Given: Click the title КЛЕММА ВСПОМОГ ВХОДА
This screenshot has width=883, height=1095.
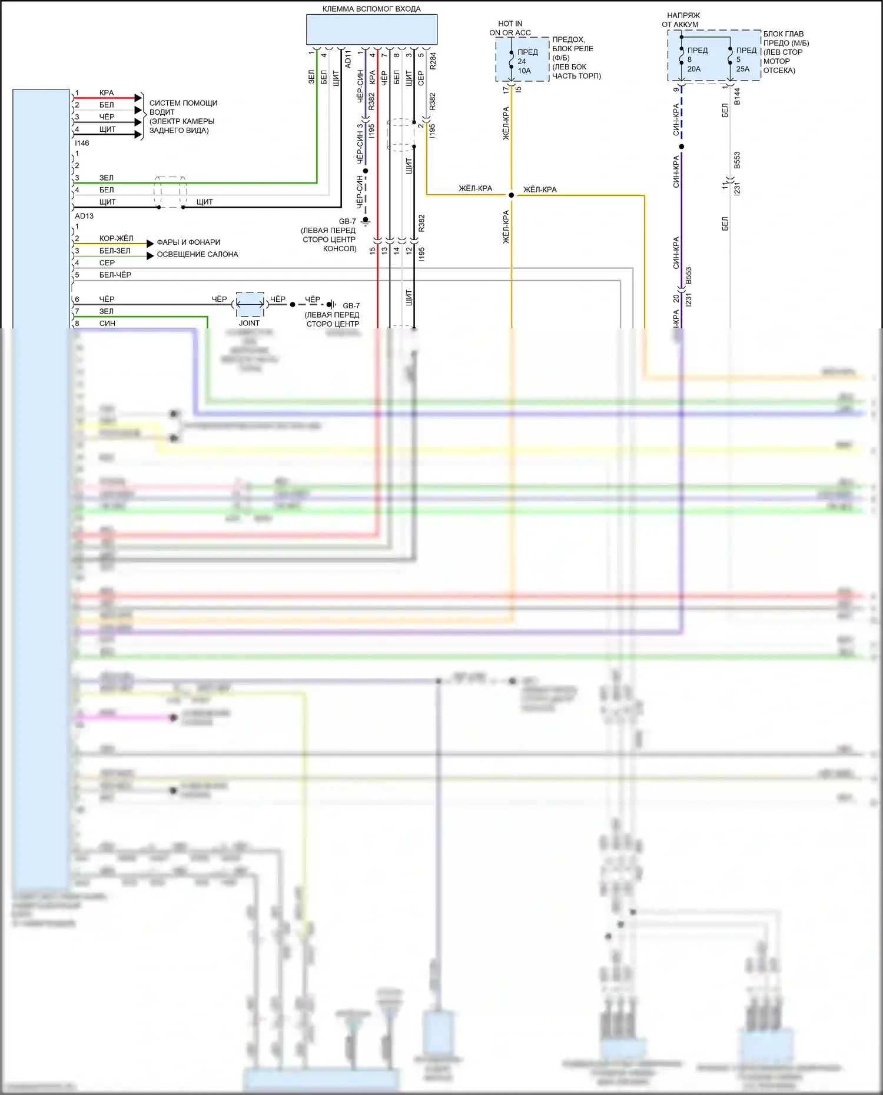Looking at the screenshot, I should pyautogui.click(x=371, y=9).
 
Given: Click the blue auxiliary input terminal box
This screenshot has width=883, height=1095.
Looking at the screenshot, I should pyautogui.click(x=371, y=29).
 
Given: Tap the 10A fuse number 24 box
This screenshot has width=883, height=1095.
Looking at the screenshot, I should pyautogui.click(x=523, y=61).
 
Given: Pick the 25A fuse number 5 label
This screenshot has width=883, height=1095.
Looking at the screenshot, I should pyautogui.click(x=743, y=59).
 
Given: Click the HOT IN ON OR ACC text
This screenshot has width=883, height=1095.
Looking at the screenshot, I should pyautogui.click(x=510, y=28).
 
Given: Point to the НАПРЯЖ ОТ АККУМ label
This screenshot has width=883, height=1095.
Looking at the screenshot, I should pyautogui.click(x=680, y=20).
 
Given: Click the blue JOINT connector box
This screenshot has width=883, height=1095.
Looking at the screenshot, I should pyautogui.click(x=250, y=304).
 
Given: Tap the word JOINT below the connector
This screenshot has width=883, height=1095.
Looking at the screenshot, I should pyautogui.click(x=249, y=323).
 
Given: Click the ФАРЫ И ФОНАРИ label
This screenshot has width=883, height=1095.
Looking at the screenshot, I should pyautogui.click(x=188, y=242).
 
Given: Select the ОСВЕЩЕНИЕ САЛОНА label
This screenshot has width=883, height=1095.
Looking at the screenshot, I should pyautogui.click(x=197, y=254).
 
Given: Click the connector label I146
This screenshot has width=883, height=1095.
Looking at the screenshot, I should pyautogui.click(x=82, y=143).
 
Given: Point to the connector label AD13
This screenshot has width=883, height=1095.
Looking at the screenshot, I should pyautogui.click(x=84, y=216).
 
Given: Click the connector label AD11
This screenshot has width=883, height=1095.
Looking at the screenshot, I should pyautogui.click(x=347, y=59).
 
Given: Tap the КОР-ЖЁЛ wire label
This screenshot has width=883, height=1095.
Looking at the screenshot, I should pyautogui.click(x=116, y=238).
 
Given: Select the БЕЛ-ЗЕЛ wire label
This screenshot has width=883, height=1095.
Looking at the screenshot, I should pyautogui.click(x=115, y=251).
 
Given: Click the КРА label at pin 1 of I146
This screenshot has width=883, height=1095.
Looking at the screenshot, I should pyautogui.click(x=107, y=93).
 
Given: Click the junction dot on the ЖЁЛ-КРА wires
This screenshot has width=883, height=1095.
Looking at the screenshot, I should pyautogui.click(x=511, y=195).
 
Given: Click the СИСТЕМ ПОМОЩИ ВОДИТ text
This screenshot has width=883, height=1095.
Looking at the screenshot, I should pyautogui.click(x=183, y=107).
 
